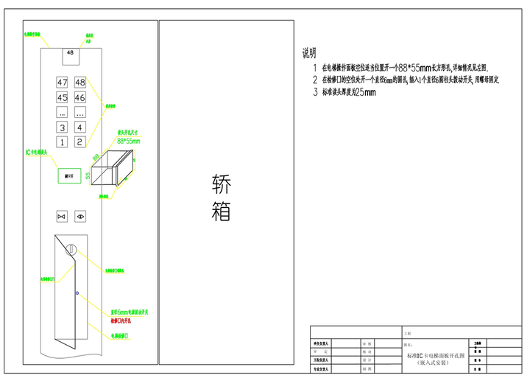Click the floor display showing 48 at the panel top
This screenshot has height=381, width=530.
click(x=71, y=53)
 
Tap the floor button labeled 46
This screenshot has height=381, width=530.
click(x=79, y=97)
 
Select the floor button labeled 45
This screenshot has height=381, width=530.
click(x=62, y=97)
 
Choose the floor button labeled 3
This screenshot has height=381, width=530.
click(x=62, y=127)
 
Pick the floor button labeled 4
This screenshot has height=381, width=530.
click(x=79, y=127)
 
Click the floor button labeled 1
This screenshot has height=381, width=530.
click(x=62, y=141)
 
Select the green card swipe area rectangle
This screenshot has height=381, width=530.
click(x=70, y=176)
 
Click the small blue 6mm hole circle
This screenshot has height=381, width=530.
click(x=77, y=293)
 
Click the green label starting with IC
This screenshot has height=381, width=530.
click(x=37, y=153)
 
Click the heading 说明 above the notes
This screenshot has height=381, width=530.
click(x=309, y=53)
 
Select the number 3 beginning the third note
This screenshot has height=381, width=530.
click(x=314, y=93)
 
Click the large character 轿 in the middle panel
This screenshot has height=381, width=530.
click(x=221, y=183)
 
